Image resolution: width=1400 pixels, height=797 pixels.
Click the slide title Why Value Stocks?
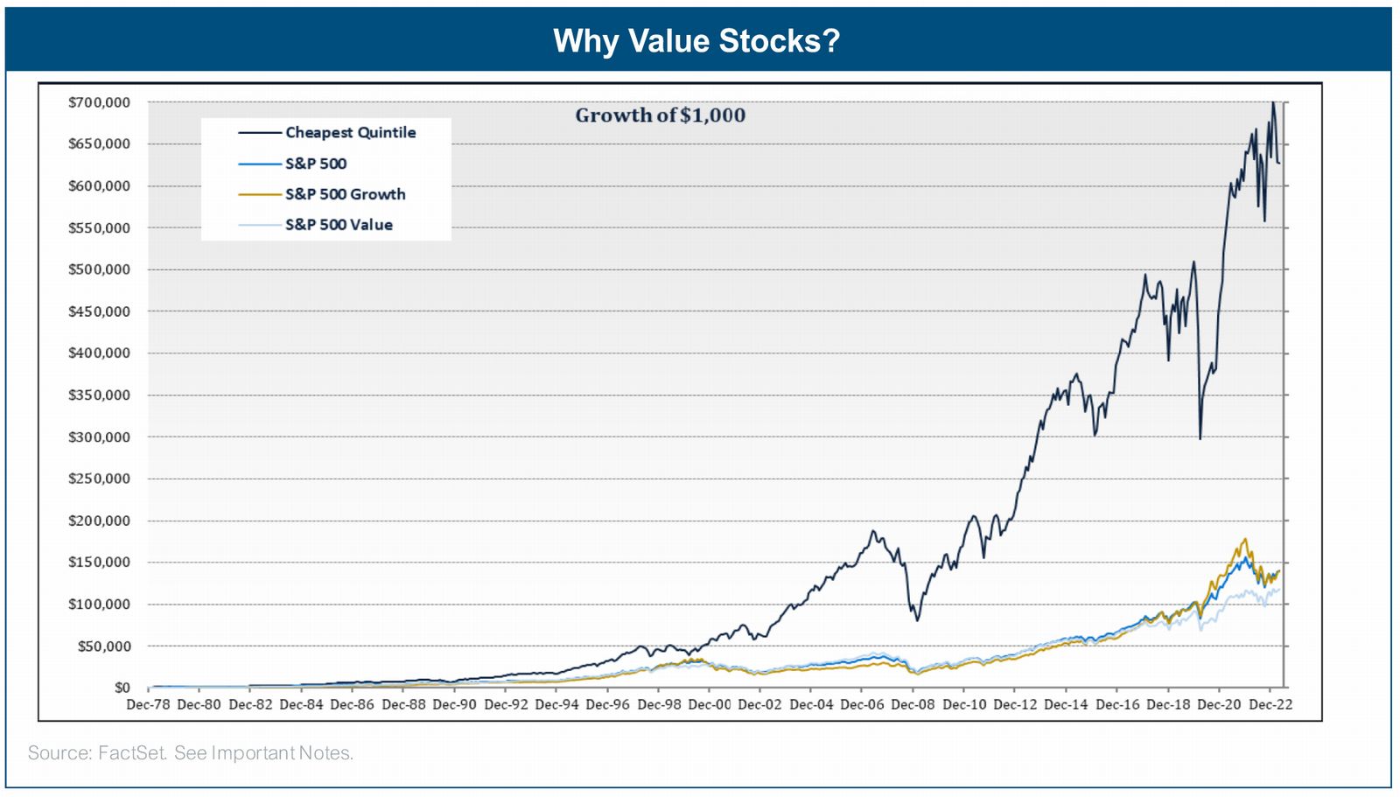(x=696, y=41)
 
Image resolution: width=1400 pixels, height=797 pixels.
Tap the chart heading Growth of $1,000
(x=660, y=115)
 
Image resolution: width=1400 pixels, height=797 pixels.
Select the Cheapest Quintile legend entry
(x=350, y=133)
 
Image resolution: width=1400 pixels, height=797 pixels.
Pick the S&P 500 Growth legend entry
(x=345, y=194)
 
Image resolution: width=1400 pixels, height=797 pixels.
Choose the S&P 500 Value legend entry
(x=338, y=225)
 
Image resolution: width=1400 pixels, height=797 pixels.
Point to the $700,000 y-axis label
(x=99, y=102)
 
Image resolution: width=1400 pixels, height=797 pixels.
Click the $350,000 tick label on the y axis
(x=99, y=395)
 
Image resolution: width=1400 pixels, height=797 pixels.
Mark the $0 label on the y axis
(x=122, y=689)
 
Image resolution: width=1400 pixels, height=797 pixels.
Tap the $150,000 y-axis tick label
(x=99, y=563)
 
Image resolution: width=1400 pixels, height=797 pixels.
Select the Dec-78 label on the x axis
(x=149, y=704)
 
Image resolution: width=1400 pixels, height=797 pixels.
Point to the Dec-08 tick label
(x=913, y=704)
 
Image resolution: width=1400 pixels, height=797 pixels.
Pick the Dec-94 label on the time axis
(x=556, y=704)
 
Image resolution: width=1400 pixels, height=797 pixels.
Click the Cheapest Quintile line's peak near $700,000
(x=1273, y=103)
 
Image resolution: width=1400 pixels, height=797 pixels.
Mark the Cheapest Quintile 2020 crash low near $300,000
(x=1200, y=438)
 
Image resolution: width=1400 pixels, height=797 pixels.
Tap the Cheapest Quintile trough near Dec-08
(x=917, y=620)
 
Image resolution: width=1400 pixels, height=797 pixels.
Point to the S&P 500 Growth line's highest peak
(x=1244, y=539)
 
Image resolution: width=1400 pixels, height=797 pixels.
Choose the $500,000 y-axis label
(x=99, y=269)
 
